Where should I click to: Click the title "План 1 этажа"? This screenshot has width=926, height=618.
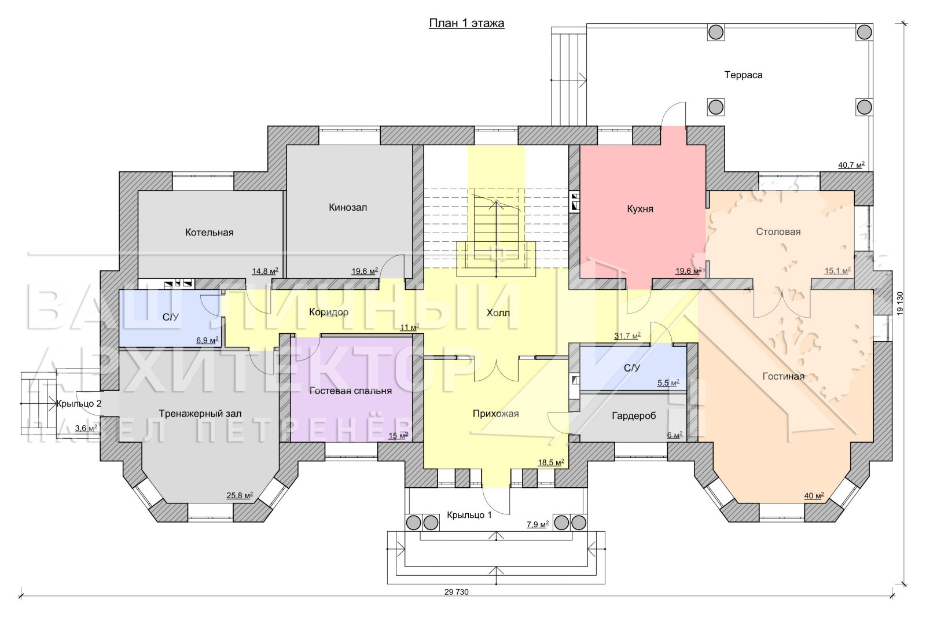466,23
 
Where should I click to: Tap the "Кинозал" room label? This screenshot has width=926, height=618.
348,207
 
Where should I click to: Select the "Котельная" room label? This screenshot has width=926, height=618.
209,232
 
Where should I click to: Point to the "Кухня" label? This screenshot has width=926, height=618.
640,209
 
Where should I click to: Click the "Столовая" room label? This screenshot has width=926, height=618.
778,231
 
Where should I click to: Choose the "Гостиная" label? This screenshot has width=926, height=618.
784,376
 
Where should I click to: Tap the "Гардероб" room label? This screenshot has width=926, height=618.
634,416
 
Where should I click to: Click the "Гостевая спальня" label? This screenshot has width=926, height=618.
350,391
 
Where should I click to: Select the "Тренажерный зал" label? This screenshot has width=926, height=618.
200,413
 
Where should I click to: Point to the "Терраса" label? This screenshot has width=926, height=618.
743,75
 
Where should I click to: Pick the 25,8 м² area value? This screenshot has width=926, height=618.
240,495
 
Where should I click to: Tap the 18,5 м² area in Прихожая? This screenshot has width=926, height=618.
551,462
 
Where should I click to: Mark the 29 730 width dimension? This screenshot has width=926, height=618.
457,592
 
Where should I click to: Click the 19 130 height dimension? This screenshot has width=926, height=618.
901,304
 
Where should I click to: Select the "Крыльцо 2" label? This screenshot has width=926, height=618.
79,403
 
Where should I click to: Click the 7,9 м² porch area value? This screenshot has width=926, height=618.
538,525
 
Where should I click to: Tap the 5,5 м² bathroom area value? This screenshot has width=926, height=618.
668,383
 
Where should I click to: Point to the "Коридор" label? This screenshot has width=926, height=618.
329,312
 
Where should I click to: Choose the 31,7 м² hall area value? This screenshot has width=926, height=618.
627,336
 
